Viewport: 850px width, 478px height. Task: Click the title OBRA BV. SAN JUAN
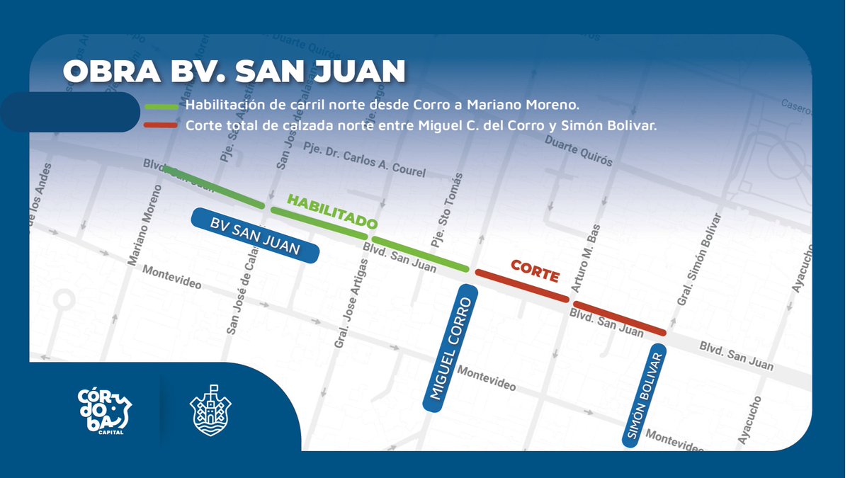[x=234, y=72]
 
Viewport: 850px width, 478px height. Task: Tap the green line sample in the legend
[x=161, y=106]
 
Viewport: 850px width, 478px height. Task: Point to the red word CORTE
[x=535, y=271]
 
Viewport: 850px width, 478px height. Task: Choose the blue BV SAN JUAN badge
[x=255, y=237]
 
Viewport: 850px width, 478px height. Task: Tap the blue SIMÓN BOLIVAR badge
[x=645, y=397]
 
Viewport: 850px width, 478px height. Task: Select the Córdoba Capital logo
[x=104, y=411]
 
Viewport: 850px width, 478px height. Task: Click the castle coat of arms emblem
[x=210, y=411]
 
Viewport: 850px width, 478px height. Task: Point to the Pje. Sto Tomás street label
[x=446, y=210]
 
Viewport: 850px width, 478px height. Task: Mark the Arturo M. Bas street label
[x=586, y=258]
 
